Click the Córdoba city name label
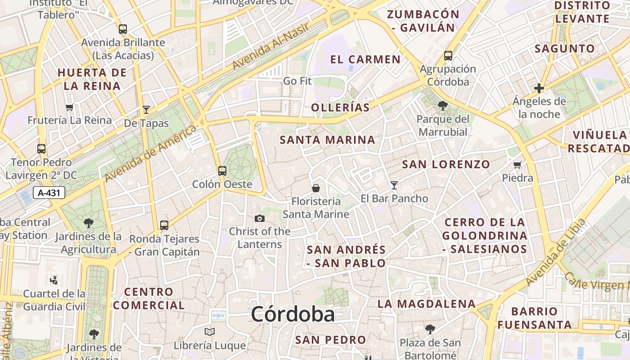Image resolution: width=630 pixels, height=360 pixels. click(x=292, y=314)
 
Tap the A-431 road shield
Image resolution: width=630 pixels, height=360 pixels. click(x=49, y=193)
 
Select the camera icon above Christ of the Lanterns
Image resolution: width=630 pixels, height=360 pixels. click(x=259, y=219)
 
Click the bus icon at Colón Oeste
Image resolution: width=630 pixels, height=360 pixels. click(x=222, y=171)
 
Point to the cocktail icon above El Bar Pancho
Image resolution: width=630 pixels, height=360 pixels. click(x=394, y=185)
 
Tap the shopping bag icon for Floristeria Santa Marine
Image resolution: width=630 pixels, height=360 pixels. click(x=316, y=188)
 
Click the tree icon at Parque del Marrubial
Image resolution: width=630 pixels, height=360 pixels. click(x=443, y=106)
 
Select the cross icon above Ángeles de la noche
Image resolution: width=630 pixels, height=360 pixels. click(x=539, y=88)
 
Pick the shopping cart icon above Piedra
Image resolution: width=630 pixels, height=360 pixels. click(x=517, y=165)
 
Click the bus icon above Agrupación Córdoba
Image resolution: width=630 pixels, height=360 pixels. click(x=448, y=56)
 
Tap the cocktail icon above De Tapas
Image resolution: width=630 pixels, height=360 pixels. click(x=146, y=109)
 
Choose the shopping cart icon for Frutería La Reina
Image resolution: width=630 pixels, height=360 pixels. click(x=69, y=107)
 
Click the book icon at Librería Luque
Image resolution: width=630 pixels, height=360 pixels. click(x=210, y=332)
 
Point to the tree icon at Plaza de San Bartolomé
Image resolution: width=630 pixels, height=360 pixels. click(x=430, y=329)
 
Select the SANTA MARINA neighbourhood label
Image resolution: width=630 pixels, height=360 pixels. click(x=327, y=140)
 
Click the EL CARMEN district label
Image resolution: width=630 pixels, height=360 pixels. click(x=365, y=59)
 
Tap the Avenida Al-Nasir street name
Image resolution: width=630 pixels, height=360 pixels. click(x=270, y=46)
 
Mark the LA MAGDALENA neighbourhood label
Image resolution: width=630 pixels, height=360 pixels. click(x=426, y=304)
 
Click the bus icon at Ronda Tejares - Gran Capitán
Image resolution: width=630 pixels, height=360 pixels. click(x=164, y=225)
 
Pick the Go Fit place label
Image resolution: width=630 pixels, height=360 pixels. click(x=297, y=81)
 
